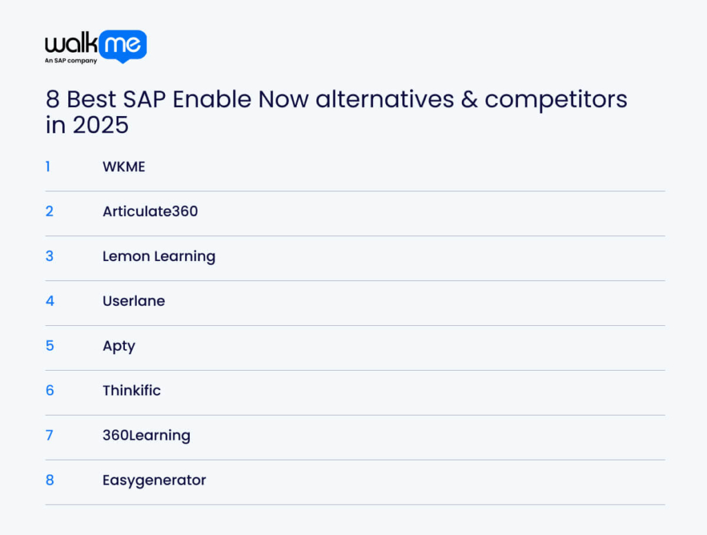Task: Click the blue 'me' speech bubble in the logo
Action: (x=123, y=46)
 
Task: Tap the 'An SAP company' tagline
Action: (x=71, y=60)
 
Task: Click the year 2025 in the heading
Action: (x=101, y=125)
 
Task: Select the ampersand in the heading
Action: (x=469, y=99)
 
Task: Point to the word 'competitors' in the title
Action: (x=556, y=99)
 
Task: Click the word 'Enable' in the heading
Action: (x=211, y=99)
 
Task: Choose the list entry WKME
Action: (x=124, y=167)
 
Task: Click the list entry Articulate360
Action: (x=150, y=211)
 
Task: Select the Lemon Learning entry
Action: (x=159, y=257)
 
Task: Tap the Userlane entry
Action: (x=133, y=301)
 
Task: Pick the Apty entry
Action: (x=119, y=346)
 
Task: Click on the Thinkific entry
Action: (x=131, y=390)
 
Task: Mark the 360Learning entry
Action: (x=146, y=436)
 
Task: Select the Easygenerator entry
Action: (x=154, y=480)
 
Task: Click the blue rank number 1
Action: (x=48, y=167)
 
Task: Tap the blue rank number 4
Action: (x=50, y=301)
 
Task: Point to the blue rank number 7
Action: (x=49, y=436)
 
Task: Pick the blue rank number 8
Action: (x=50, y=480)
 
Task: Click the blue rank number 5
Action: (x=50, y=346)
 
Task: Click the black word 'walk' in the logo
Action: (x=71, y=43)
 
